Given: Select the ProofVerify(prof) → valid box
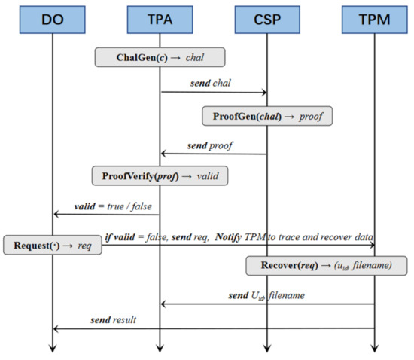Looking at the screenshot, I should [x=160, y=175].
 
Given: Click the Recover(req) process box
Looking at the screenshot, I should [x=326, y=265].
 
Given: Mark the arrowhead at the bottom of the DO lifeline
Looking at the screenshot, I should [x=53, y=347].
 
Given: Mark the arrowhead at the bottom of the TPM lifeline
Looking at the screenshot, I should [x=375, y=347].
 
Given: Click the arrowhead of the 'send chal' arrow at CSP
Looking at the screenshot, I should [x=264, y=93].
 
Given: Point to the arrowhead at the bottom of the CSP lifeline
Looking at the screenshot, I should [x=267, y=347].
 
